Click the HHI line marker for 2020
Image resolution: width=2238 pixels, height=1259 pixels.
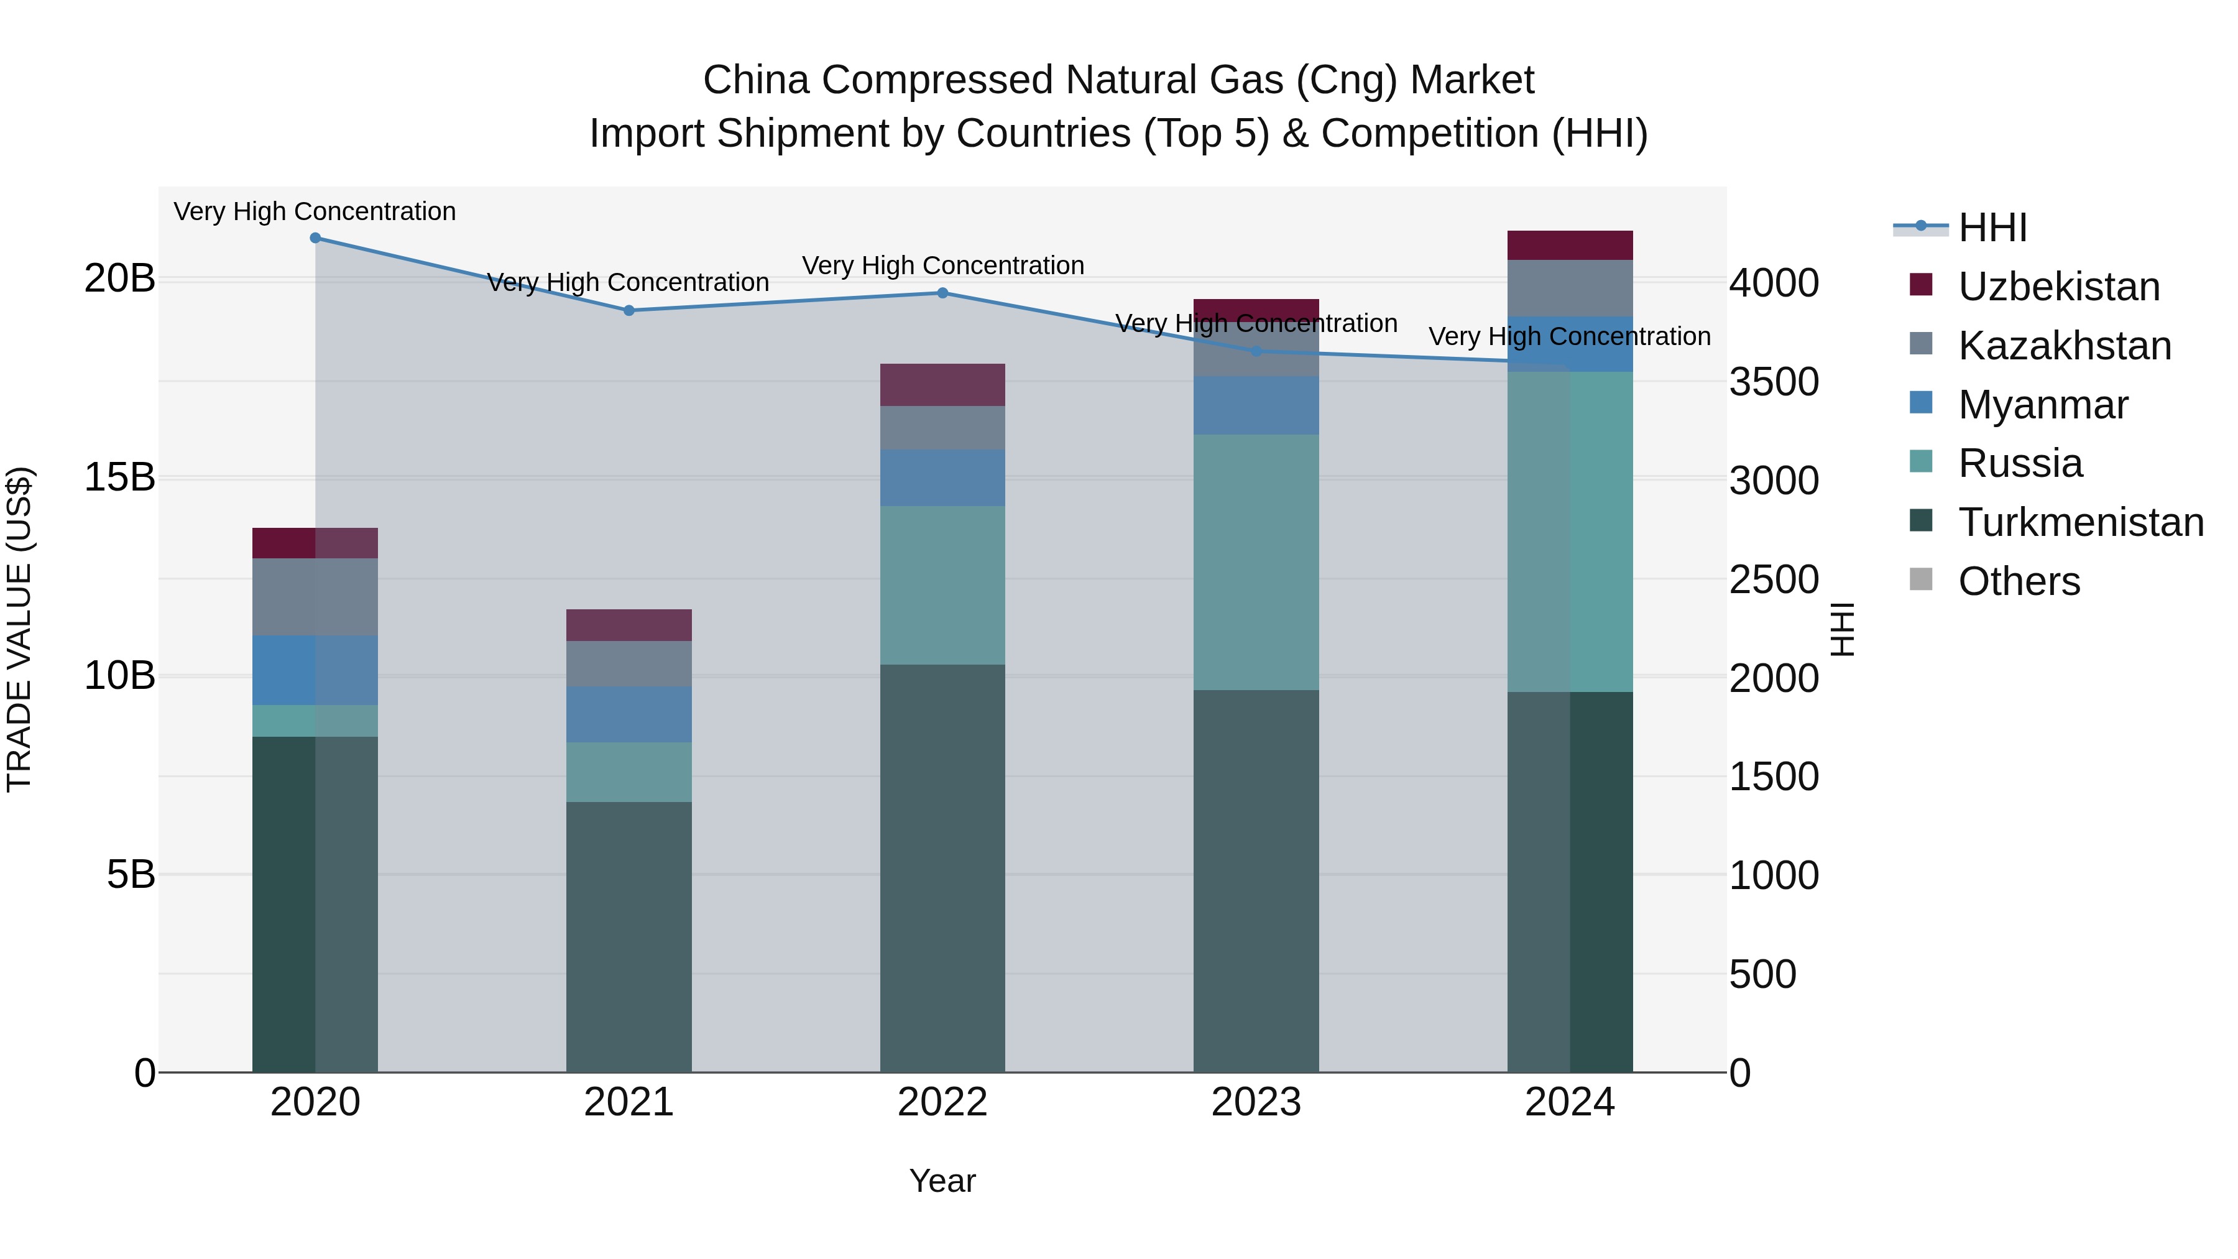(x=315, y=238)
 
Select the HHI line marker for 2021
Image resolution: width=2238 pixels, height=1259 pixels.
(x=629, y=310)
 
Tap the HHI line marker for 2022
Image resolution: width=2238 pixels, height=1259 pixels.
(x=942, y=293)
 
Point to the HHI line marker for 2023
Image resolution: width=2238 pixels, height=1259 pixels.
(x=1256, y=351)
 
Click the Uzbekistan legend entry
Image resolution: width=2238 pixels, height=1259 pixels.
(x=2058, y=287)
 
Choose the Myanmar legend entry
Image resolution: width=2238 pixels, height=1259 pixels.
(x=2043, y=405)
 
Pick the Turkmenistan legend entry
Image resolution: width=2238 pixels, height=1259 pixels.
(x=2081, y=522)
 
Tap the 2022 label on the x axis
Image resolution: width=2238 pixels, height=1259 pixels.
(x=942, y=1102)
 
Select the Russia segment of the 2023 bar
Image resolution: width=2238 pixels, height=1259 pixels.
(x=1256, y=562)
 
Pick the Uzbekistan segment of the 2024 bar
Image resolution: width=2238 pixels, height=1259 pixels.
(x=1570, y=245)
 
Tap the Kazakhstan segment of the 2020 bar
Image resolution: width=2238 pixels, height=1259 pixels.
(x=315, y=596)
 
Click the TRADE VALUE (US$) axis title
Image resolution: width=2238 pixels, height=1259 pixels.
(x=19, y=629)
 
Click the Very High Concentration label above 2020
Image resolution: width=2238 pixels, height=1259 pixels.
(x=315, y=211)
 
